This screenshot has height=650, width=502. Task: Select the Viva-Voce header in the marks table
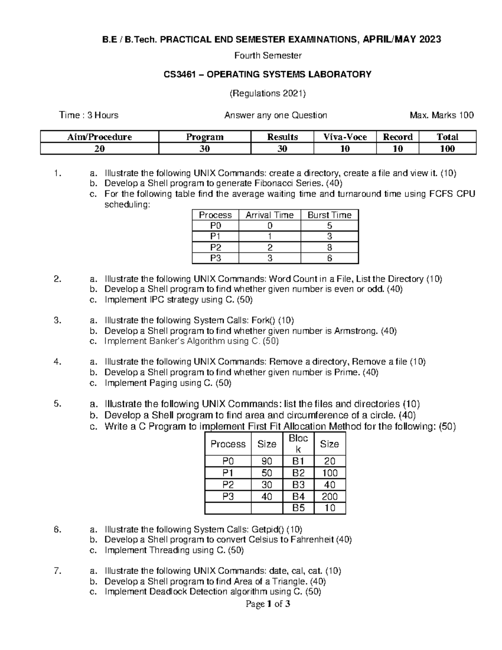pyautogui.click(x=345, y=137)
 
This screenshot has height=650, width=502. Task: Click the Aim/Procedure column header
pyautogui.click(x=100, y=137)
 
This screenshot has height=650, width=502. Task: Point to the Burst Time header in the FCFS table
pyautogui.click(x=329, y=215)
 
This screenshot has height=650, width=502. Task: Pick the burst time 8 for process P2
pyautogui.click(x=329, y=247)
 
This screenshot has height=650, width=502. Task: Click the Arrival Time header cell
pyautogui.click(x=269, y=215)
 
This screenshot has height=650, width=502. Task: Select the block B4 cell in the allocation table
pyautogui.click(x=298, y=496)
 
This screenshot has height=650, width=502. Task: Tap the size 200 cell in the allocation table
pyautogui.click(x=330, y=496)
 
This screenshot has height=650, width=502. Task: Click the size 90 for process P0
pyautogui.click(x=266, y=461)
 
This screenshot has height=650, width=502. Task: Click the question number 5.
pyautogui.click(x=58, y=404)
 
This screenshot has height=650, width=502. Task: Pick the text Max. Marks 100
pyautogui.click(x=442, y=115)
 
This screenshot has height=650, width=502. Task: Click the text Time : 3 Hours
pyautogui.click(x=89, y=115)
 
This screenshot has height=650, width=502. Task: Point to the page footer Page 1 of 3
pyautogui.click(x=268, y=604)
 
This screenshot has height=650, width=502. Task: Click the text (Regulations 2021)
pyautogui.click(x=268, y=93)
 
